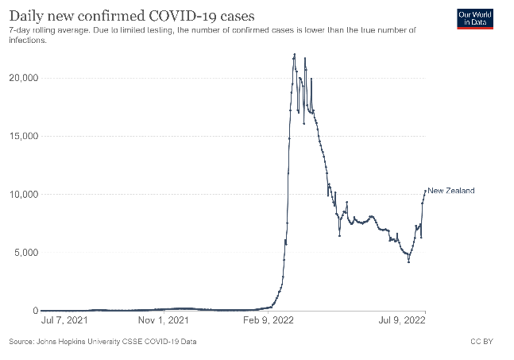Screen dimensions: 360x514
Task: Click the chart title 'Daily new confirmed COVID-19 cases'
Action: click(131, 14)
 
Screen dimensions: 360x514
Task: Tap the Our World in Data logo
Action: click(476, 17)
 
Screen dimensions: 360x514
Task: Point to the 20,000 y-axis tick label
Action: click(23, 78)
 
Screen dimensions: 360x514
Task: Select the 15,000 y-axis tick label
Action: click(23, 136)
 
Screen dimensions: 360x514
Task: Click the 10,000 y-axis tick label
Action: click(23, 195)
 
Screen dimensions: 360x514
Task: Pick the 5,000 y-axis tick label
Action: click(25, 253)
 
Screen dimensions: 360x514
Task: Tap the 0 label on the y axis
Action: click(34, 311)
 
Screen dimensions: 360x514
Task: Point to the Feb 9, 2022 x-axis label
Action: click(265, 321)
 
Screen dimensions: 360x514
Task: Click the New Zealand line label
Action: click(451, 191)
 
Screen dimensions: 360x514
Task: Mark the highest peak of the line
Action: click(295, 55)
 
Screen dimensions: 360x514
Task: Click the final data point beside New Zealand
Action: click(425, 191)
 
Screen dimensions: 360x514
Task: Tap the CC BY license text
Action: click(481, 343)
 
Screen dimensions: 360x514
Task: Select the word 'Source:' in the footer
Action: click(20, 343)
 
